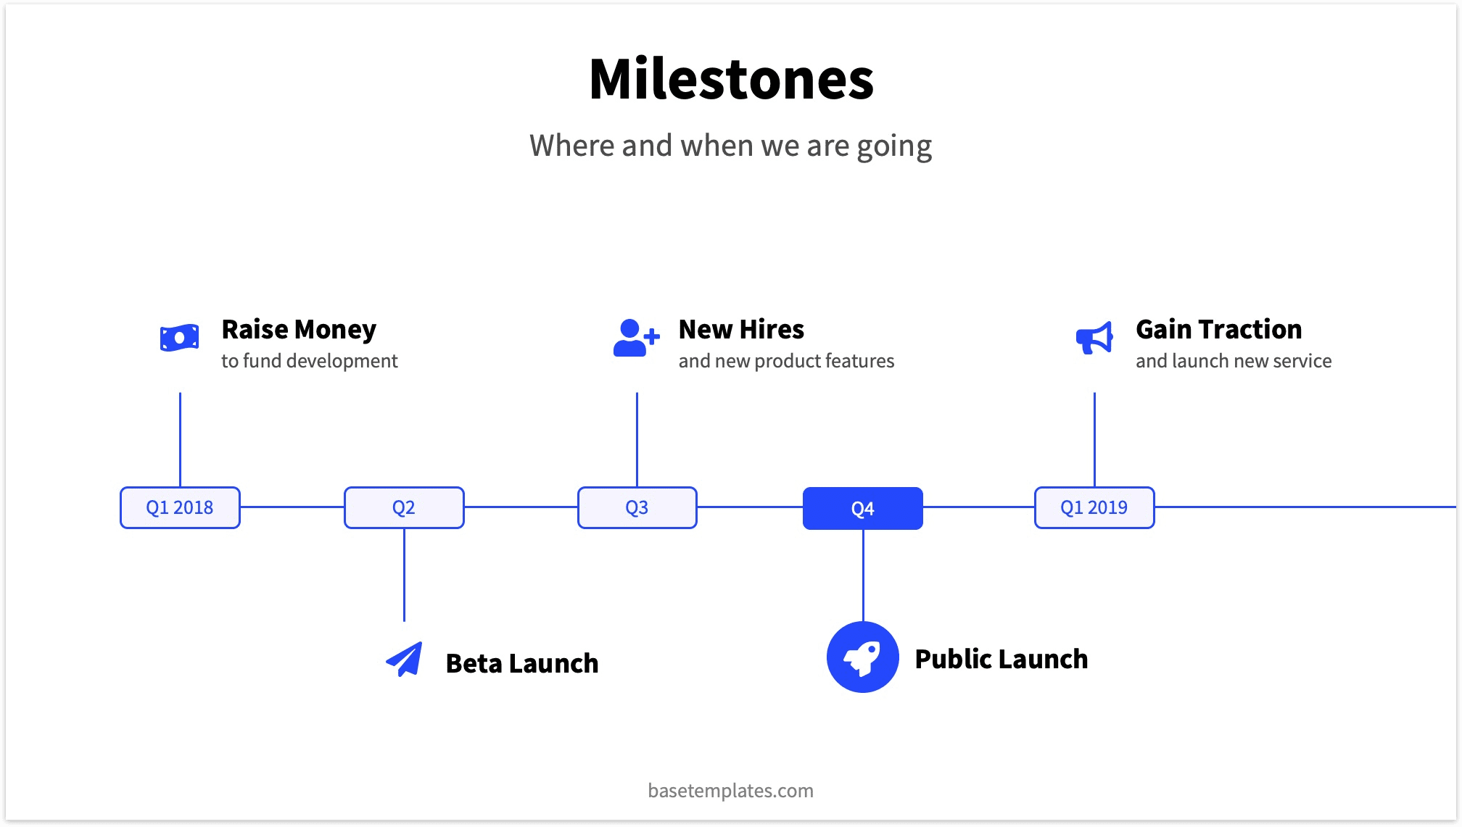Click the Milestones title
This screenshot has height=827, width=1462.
731,79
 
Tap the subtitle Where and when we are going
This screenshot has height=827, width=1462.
730,146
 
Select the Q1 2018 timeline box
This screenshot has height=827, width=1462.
180,507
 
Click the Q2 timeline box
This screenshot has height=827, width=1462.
404,507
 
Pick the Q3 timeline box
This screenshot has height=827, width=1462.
637,507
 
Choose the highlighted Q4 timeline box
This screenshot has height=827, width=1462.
862,508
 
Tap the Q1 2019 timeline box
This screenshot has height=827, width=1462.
1094,507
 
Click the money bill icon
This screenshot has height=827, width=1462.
179,338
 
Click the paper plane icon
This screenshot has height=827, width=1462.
405,659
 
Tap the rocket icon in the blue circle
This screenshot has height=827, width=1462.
862,657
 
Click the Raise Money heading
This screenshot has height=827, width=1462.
299,330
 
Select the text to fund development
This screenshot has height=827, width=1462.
309,361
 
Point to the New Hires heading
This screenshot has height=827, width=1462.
741,330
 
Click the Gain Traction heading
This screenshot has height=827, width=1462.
1218,330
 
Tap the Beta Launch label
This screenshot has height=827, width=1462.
522,663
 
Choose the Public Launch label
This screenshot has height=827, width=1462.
1001,659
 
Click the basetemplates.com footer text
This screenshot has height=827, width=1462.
730,790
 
